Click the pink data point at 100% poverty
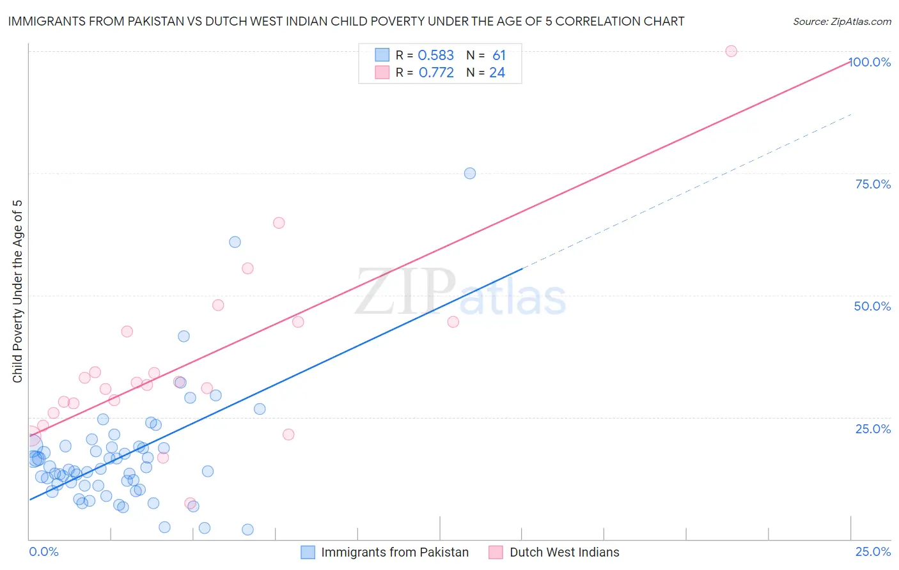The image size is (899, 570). click(731, 51)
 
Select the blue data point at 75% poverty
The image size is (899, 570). click(470, 173)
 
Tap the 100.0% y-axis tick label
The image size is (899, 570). click(870, 62)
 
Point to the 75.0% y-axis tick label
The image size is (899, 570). click(873, 184)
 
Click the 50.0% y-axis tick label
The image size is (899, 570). click(872, 306)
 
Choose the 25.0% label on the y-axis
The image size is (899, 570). click(873, 428)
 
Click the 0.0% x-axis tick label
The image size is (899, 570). click(43, 551)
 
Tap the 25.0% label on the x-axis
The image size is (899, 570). click(873, 551)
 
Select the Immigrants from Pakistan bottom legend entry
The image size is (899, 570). click(395, 552)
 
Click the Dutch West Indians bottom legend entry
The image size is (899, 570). click(564, 552)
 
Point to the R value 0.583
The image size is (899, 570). click(435, 56)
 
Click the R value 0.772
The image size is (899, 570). click(436, 73)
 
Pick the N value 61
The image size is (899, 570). click(499, 56)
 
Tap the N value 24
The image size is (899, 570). click(497, 73)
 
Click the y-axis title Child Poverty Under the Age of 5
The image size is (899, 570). click(18, 291)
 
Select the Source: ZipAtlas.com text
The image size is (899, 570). click(841, 22)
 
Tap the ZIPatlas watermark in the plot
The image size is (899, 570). click(460, 293)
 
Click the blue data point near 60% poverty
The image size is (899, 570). click(235, 242)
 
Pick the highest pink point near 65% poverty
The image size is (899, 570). click(279, 223)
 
